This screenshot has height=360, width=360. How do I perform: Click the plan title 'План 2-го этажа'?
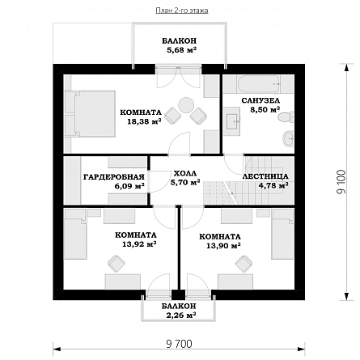click(x=182, y=11)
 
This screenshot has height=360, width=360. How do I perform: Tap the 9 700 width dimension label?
click(x=179, y=344)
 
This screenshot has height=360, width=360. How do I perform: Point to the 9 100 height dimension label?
click(x=341, y=182)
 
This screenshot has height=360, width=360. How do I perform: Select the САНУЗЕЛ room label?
click(x=260, y=100)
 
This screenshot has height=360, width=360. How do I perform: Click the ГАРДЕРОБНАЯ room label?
click(x=114, y=177)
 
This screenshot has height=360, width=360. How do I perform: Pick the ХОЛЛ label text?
click(x=185, y=173)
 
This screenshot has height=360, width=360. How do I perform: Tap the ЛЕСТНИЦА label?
click(x=265, y=176)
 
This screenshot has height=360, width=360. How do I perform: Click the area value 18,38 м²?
click(x=144, y=121)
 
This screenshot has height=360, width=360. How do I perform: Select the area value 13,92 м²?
click(x=139, y=244)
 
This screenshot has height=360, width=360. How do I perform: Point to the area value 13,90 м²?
click(x=223, y=246)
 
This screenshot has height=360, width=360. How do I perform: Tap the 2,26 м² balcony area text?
click(x=180, y=315)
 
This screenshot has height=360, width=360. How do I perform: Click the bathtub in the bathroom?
click(x=258, y=84)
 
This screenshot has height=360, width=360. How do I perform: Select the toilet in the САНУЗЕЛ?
click(x=286, y=117)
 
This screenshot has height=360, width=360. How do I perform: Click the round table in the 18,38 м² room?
click(x=185, y=105)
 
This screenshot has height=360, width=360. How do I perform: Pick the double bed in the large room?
click(x=91, y=114)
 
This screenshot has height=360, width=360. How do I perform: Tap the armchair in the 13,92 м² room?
click(x=116, y=263)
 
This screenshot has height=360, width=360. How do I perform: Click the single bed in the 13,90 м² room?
click(x=282, y=235)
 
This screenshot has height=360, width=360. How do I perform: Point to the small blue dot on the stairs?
click(x=232, y=193)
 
